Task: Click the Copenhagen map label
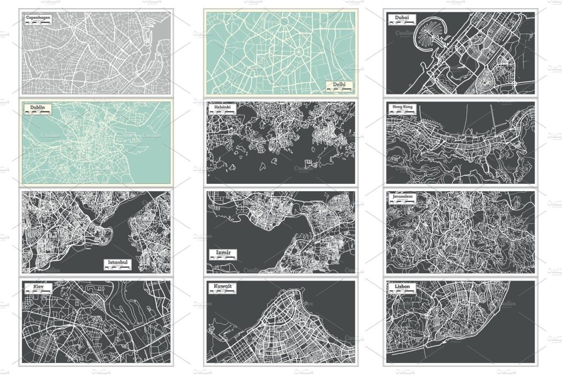tap(42, 18)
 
